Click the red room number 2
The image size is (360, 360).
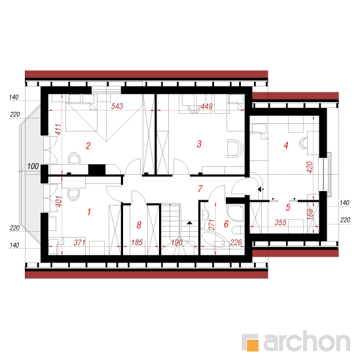pyautogui.click(x=88, y=146)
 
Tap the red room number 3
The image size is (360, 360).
pyautogui.click(x=199, y=144)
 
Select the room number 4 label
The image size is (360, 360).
pyautogui.click(x=286, y=145)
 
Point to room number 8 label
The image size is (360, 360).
pyautogui.click(x=139, y=225)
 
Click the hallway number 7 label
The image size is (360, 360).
pyautogui.click(x=200, y=189)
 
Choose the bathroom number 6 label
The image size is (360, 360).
pyautogui.click(x=226, y=224)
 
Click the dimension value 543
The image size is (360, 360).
pyautogui.click(x=117, y=106)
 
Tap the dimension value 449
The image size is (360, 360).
pyautogui.click(x=207, y=107)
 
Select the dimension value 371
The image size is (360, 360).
pyautogui.click(x=79, y=243)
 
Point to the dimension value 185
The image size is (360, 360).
pyautogui.click(x=137, y=243)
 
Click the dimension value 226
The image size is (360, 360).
pyautogui.click(x=236, y=243)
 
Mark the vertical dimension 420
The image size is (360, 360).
pyautogui.click(x=310, y=168)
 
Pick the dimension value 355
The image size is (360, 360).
pyautogui.click(x=281, y=223)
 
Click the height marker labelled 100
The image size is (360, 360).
pyautogui.click(x=33, y=166)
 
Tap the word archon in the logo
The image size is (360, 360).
pyautogui.click(x=307, y=340)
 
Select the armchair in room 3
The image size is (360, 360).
pyautogui.click(x=234, y=149)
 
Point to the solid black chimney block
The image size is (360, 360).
pyautogui.click(x=97, y=170)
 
